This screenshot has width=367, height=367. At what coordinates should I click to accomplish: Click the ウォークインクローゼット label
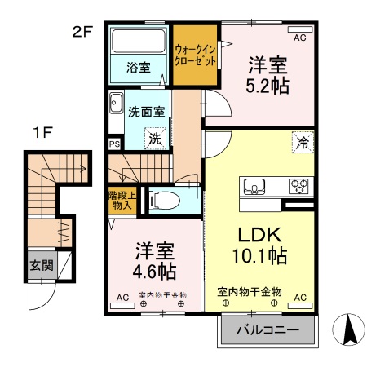tap(196, 54)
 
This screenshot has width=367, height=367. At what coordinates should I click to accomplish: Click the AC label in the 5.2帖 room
tap(298, 38)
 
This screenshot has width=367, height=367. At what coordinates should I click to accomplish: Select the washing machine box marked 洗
tap(155, 139)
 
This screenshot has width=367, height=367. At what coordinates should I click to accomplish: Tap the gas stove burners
tap(298, 185)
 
